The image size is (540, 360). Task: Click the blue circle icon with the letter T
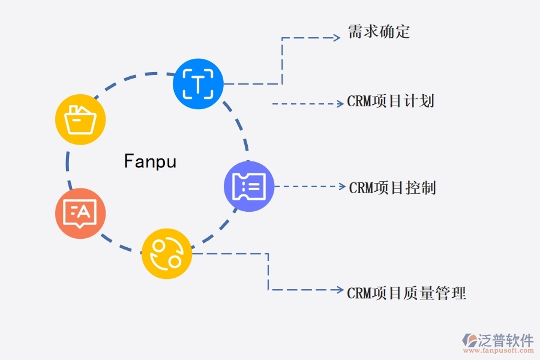tap(198, 83)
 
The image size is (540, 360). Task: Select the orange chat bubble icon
tap(80, 213)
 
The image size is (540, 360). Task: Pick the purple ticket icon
tap(249, 186)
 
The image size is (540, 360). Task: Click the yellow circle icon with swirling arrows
tap(167, 254)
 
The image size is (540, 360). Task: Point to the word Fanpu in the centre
tap(150, 161)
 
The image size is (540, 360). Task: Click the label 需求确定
tap(379, 32)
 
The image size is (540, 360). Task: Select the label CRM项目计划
tap(391, 101)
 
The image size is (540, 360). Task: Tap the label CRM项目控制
tap(392, 188)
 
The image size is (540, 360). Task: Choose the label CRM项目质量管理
tap(406, 293)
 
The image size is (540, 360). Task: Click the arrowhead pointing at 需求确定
tap(337, 37)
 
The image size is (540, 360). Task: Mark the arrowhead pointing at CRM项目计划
tap(340, 104)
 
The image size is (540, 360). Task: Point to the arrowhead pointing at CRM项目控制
tap(342, 186)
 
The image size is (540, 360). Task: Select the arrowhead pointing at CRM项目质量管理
tap(340, 290)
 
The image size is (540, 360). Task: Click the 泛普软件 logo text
tap(506, 340)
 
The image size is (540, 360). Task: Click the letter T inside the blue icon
tap(198, 83)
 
